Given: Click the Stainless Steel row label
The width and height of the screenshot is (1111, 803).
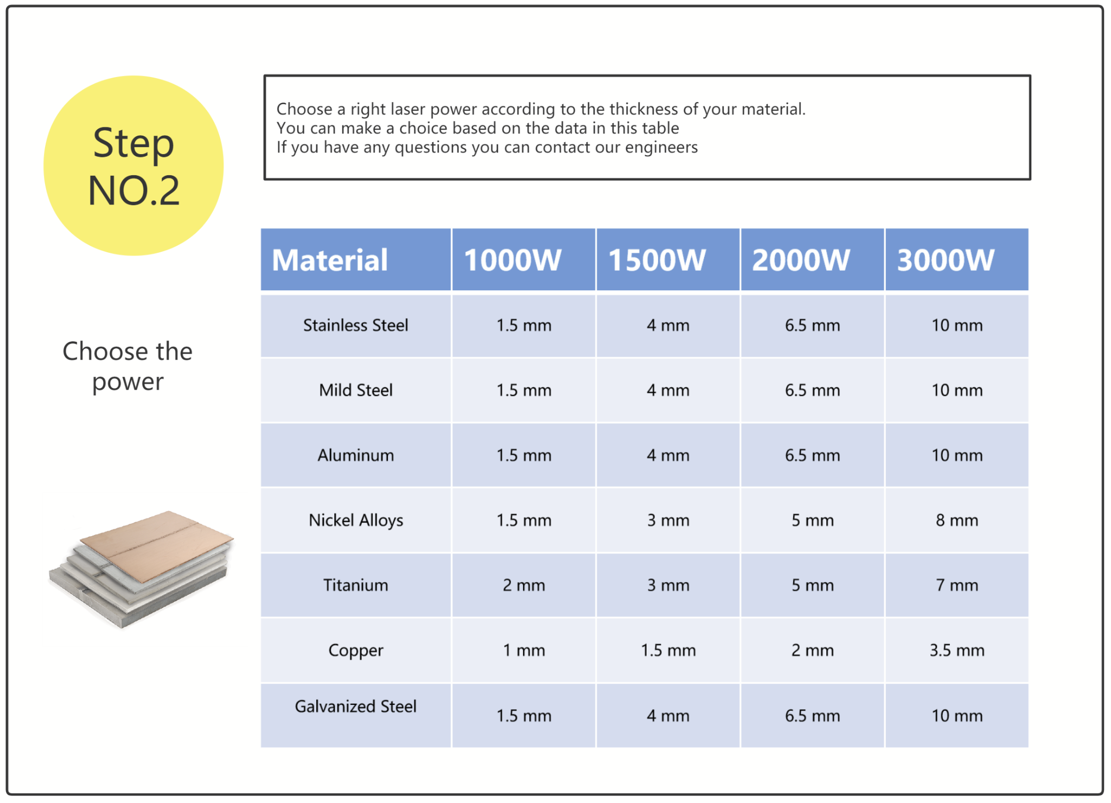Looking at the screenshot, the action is click(355, 325).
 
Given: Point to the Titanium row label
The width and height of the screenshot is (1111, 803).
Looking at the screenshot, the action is click(355, 585).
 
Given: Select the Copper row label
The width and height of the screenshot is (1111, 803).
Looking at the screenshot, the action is click(355, 651).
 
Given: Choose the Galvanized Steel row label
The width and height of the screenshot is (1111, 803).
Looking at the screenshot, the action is click(355, 706).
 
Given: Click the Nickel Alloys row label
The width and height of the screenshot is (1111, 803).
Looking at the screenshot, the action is click(355, 520).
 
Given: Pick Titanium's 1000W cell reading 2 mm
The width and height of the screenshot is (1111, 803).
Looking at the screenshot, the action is click(523, 585).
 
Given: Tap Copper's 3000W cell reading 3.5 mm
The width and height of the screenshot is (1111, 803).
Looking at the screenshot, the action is click(957, 650).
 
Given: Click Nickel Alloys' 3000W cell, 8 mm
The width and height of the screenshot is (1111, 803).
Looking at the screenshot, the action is click(957, 520).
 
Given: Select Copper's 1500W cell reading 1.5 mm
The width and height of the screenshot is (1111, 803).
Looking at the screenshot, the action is click(668, 650).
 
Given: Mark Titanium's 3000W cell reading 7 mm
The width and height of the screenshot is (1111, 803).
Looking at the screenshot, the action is click(957, 585).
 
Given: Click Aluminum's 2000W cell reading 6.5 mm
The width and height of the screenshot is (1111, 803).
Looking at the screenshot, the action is click(812, 455).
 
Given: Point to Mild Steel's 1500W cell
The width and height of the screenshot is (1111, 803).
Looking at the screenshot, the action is click(668, 390).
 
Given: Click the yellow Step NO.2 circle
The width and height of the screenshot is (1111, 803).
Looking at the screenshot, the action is click(133, 165).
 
